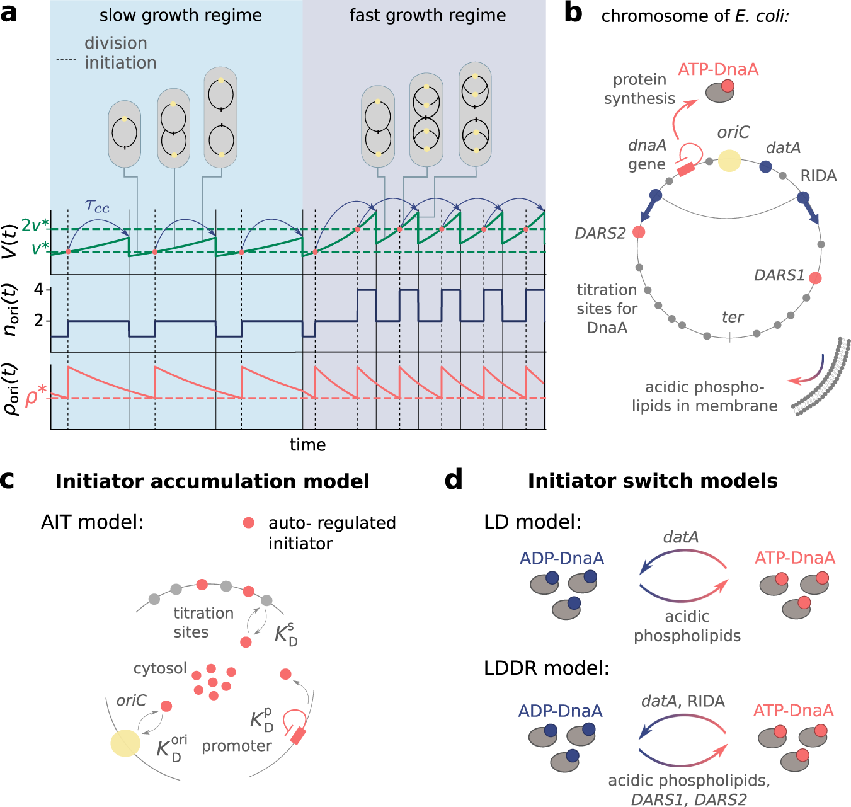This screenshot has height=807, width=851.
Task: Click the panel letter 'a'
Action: (x=9, y=13)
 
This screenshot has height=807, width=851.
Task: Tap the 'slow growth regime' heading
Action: (x=180, y=15)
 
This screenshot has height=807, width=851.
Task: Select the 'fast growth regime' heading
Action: (x=427, y=15)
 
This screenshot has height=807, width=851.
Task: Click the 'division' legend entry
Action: (x=115, y=43)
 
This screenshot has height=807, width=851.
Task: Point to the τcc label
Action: (x=96, y=206)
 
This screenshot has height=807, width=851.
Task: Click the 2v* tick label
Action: (x=35, y=226)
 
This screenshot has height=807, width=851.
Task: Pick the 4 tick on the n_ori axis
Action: (x=39, y=290)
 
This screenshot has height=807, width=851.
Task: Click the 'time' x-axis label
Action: (x=307, y=445)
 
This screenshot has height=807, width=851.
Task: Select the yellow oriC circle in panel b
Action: (x=729, y=161)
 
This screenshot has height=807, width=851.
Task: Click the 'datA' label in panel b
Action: (x=783, y=147)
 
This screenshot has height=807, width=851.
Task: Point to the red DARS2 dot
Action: (x=639, y=232)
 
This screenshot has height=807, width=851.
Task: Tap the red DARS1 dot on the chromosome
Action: (x=815, y=278)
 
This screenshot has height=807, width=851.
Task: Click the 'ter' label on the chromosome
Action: (x=733, y=317)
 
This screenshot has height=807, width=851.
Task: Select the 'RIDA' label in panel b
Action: (x=818, y=176)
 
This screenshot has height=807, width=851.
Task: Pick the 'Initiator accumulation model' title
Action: (x=212, y=481)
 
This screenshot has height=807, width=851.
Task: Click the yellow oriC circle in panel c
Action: (x=125, y=743)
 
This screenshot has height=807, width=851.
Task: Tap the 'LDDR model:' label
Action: (x=546, y=668)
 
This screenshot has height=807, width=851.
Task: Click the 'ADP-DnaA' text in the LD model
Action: (x=561, y=558)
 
